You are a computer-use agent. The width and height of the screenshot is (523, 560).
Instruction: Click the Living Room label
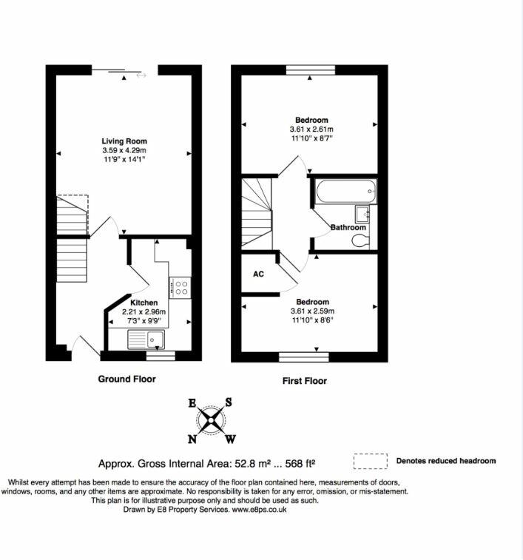(x=124, y=141)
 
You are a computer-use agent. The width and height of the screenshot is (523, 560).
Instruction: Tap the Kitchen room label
(x=144, y=303)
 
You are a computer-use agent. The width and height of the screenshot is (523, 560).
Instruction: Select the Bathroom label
(x=348, y=227)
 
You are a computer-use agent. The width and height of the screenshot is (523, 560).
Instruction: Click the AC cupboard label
(x=259, y=274)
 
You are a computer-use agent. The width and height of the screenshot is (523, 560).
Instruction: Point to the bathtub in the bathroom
(x=345, y=192)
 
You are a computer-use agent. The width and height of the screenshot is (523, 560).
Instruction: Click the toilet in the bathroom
(x=359, y=241)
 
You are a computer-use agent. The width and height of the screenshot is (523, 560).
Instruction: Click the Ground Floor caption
(x=127, y=379)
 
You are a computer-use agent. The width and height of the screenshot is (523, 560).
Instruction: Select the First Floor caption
(x=304, y=381)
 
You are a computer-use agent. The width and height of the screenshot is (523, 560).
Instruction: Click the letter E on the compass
(x=192, y=403)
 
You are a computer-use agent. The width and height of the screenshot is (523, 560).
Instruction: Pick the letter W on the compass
(x=231, y=439)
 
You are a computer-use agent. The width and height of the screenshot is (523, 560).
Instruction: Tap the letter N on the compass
(x=193, y=439)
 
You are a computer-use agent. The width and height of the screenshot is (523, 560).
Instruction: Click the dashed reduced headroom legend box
(x=370, y=462)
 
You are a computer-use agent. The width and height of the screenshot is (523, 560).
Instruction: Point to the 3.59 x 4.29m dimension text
(x=124, y=150)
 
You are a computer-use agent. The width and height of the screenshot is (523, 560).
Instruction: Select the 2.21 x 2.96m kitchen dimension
(x=144, y=312)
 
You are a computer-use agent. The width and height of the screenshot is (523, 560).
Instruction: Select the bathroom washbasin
(x=362, y=214)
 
